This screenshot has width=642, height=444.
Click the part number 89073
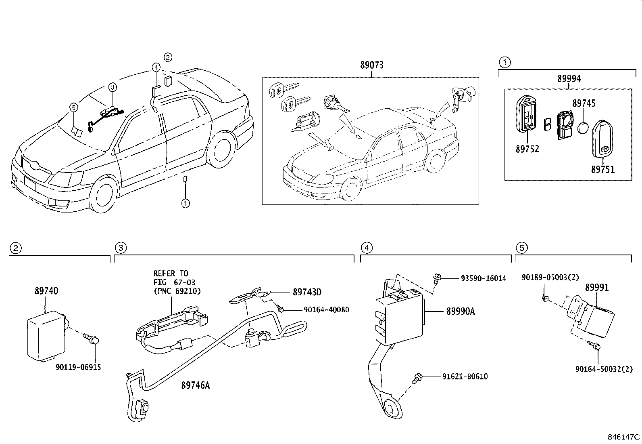click(x=371, y=65)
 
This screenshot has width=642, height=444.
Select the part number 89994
click(x=569, y=79)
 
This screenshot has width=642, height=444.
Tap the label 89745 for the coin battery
click(x=584, y=104)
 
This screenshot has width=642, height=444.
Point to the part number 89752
click(x=527, y=149)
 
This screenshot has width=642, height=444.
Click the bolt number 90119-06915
click(x=78, y=367)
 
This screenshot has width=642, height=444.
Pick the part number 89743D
click(x=307, y=292)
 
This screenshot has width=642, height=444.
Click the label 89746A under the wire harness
click(x=195, y=385)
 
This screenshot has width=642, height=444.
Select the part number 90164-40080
click(x=326, y=310)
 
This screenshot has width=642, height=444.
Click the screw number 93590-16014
click(x=483, y=278)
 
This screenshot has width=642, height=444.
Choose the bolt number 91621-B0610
click(x=465, y=377)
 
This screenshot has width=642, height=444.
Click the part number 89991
click(x=597, y=287)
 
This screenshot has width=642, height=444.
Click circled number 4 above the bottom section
click(x=366, y=248)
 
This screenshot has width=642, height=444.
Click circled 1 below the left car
click(x=185, y=203)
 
